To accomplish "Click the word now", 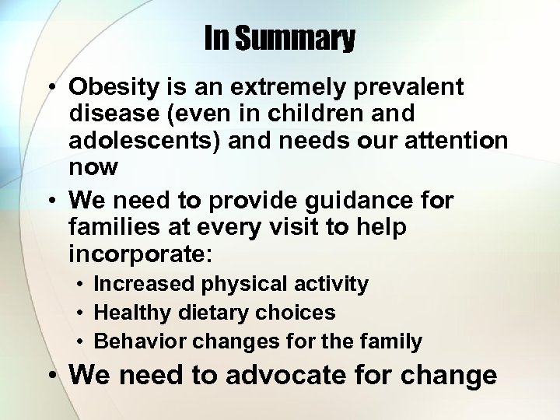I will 93,166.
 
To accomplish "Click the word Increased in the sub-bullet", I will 144,285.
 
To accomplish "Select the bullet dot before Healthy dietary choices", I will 79,313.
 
